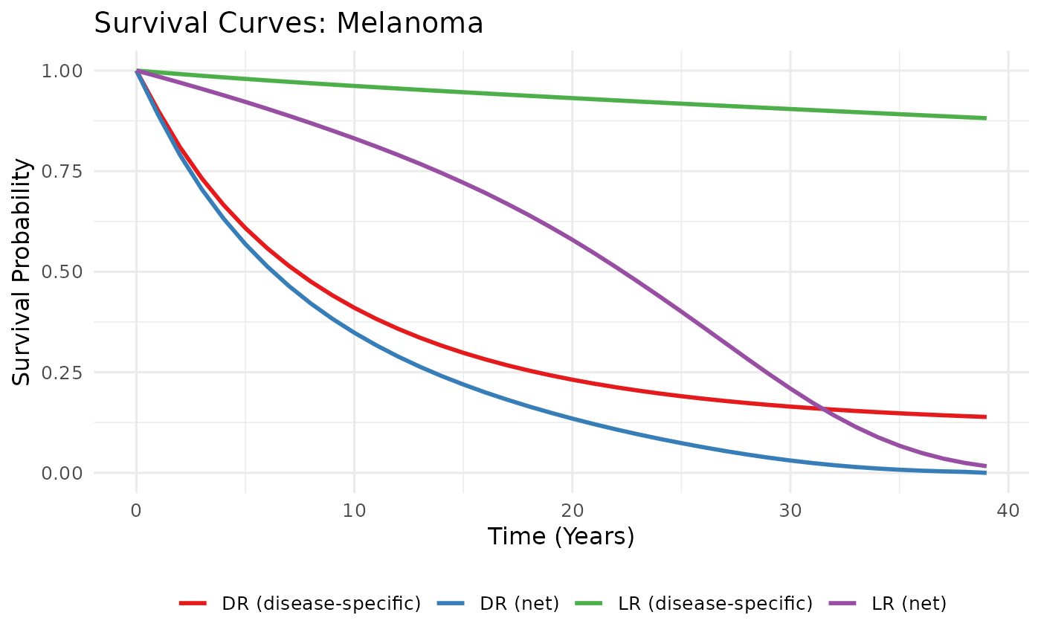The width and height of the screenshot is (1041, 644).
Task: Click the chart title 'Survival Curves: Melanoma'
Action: coord(289,24)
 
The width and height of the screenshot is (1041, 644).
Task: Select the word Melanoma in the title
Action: coord(410,24)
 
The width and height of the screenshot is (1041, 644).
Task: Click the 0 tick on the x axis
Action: coord(136,510)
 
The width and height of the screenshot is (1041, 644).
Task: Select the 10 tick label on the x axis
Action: coord(354,510)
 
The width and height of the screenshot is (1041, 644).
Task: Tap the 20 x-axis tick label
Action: coord(572,510)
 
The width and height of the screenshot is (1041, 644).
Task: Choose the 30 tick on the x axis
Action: coord(790,510)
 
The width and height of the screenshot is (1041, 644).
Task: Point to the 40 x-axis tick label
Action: coord(1008,510)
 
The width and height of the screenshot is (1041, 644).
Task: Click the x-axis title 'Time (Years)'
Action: coord(561,537)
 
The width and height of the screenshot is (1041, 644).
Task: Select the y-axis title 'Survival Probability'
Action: coord(24,272)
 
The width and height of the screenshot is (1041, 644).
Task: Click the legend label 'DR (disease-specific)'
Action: coord(321,604)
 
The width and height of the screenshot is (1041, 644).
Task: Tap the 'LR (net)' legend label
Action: coord(909,604)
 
